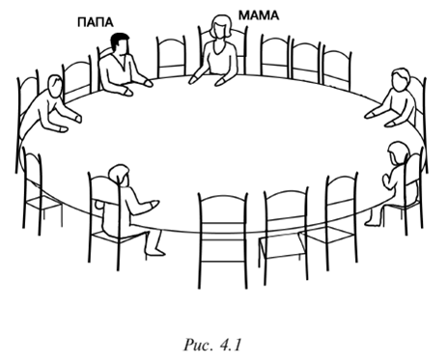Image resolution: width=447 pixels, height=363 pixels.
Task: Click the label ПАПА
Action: coord(96,23)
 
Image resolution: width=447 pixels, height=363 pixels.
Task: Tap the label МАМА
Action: coord(259,15)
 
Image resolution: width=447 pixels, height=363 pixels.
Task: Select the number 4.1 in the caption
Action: coord(231,345)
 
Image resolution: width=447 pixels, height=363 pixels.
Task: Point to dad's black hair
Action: coord(119,40)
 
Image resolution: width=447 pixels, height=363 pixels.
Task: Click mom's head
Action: coord(221,26)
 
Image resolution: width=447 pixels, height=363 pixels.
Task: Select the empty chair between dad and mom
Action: coord(171,57)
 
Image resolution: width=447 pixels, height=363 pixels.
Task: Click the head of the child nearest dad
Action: coord(55,85)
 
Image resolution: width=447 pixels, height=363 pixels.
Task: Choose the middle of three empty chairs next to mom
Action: coord(306,61)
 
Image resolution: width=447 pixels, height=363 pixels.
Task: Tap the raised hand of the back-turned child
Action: coord(387,181)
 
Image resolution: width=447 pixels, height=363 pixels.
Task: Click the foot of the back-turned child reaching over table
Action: coord(154,250)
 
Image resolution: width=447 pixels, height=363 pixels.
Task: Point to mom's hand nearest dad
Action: coord(194,79)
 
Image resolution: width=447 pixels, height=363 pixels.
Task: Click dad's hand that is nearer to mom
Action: coord(147,82)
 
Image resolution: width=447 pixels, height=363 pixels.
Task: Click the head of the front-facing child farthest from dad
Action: coord(401,79)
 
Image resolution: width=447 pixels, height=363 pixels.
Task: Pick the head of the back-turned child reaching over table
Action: coord(119,176)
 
